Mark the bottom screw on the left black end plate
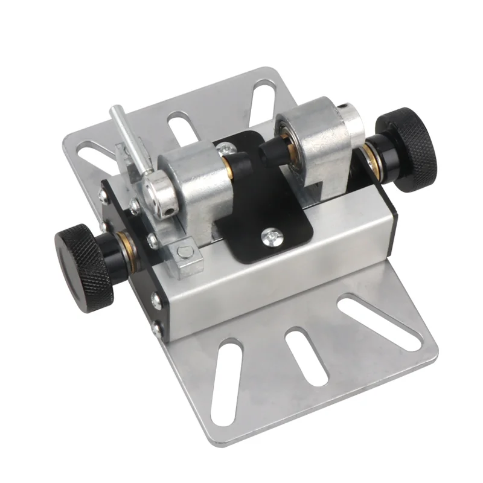156,329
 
